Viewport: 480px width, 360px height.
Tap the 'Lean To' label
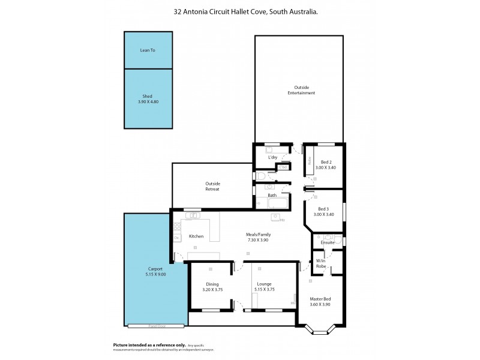(148, 50)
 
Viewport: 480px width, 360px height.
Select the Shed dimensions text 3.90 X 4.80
(148, 101)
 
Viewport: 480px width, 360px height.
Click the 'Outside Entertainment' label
(301, 90)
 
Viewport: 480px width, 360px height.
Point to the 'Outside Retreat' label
(212, 186)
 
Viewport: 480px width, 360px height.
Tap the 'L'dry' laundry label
(272, 158)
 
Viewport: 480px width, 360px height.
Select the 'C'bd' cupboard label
(275, 167)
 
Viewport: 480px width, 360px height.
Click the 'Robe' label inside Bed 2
(309, 160)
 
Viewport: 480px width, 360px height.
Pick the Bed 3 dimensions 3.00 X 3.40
(324, 214)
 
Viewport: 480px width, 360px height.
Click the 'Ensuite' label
(328, 242)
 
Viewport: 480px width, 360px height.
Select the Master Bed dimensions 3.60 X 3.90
(320, 304)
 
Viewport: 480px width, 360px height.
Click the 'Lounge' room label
(265, 284)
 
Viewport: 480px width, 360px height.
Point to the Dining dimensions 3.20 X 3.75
(212, 290)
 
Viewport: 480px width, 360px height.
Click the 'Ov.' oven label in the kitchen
(177, 238)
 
